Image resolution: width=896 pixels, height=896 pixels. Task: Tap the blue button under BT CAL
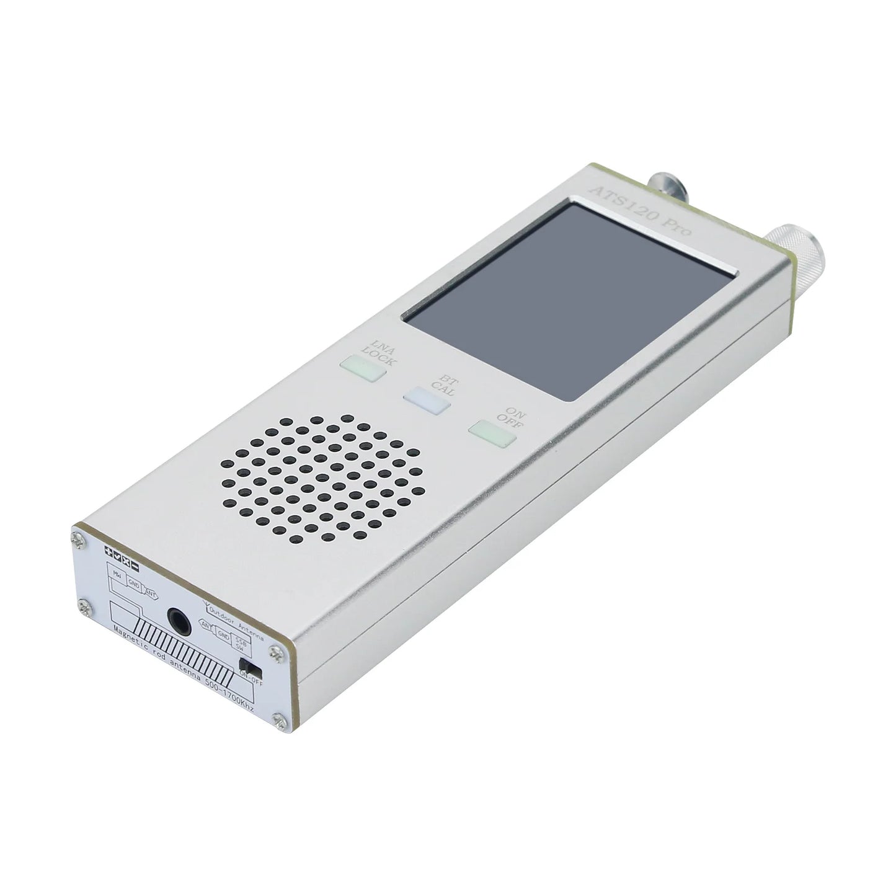tap(426, 401)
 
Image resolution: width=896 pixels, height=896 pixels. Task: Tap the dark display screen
tap(570, 298)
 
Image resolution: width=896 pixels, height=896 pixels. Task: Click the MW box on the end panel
tap(117, 573)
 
